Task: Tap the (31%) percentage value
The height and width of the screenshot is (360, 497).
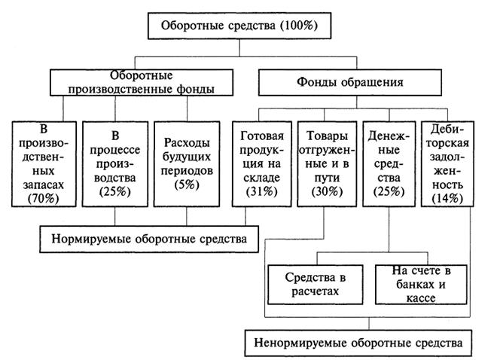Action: pos(262,192)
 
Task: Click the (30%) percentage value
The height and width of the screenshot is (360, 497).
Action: pos(326,192)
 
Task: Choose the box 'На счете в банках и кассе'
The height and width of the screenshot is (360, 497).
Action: pos(414,283)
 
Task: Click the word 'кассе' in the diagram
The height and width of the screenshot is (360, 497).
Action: pos(414,297)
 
